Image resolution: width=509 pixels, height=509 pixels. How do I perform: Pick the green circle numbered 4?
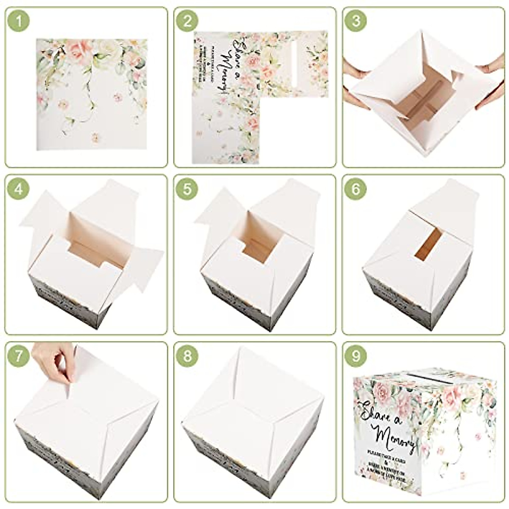(18, 189)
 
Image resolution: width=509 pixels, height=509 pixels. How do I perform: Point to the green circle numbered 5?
(187, 189)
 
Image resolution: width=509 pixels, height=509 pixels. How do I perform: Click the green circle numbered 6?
(356, 189)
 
